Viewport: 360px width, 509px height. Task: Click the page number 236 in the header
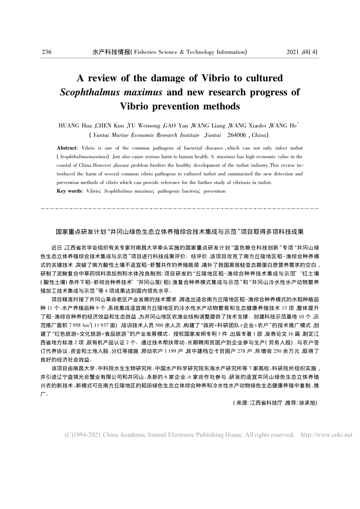[x=47, y=52]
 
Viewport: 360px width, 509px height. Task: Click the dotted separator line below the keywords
[x=180, y=209]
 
